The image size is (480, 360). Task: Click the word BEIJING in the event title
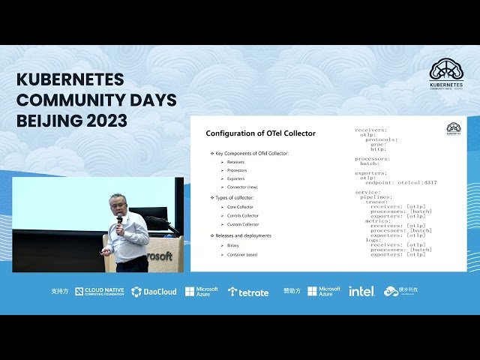45,120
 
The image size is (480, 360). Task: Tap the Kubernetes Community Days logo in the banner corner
445,75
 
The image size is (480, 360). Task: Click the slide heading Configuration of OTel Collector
260,133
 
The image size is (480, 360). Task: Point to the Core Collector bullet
241,206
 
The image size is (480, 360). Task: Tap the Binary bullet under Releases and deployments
233,245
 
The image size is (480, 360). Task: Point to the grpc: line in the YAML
378,144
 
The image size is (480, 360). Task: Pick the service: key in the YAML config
367,192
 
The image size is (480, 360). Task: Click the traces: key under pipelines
377,202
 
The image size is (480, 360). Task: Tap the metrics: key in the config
379,220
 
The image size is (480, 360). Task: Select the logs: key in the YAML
374,240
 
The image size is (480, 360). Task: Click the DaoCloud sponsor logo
154,292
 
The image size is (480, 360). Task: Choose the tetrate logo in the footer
248,292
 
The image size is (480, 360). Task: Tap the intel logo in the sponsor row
361,291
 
